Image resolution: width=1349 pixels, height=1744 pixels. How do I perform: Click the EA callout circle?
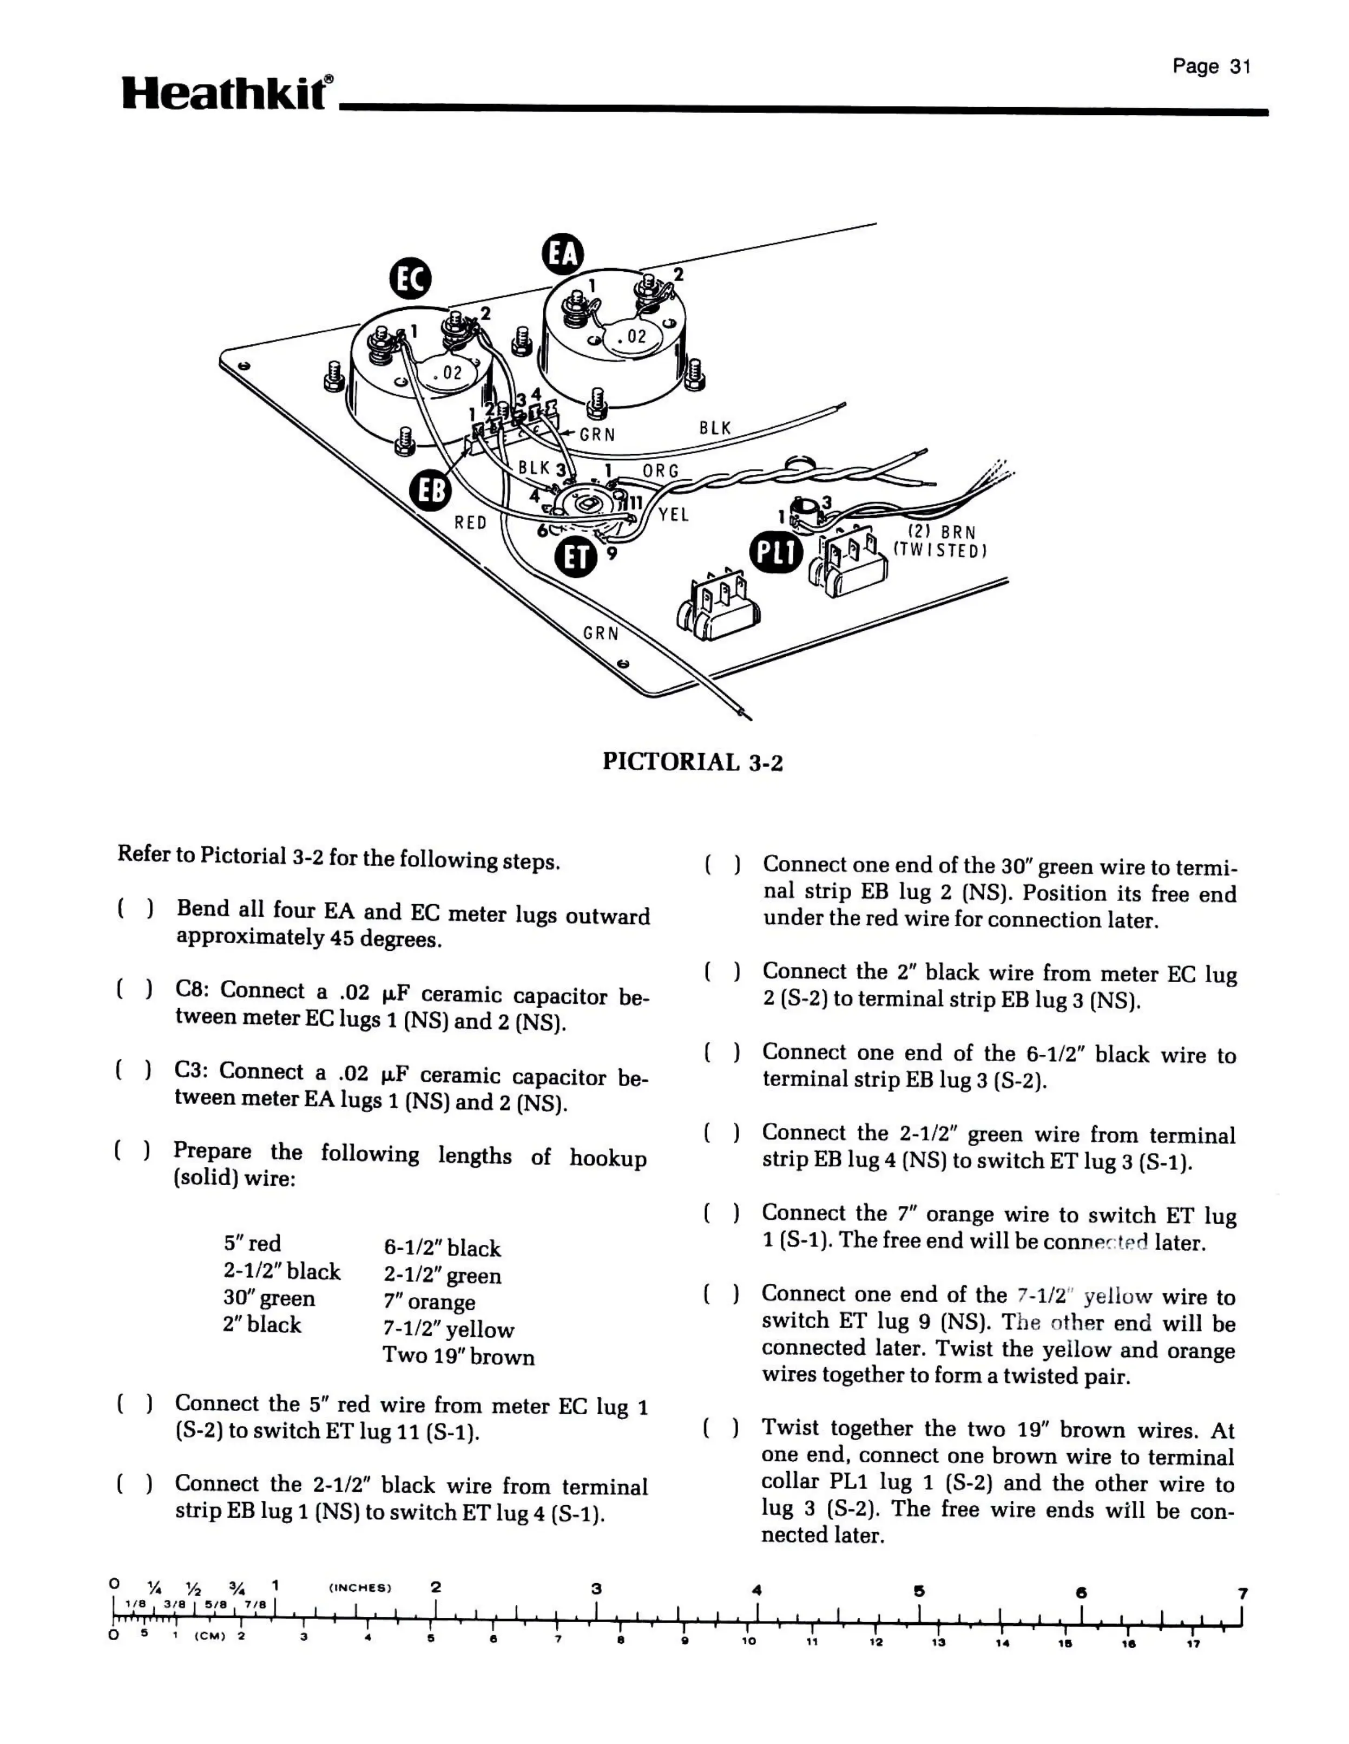[563, 254]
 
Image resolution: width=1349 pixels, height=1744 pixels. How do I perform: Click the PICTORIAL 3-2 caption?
[692, 762]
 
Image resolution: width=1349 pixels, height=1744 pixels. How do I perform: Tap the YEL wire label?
[674, 515]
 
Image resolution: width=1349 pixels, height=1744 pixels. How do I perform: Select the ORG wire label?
[660, 471]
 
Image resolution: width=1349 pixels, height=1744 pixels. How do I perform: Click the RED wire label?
[470, 522]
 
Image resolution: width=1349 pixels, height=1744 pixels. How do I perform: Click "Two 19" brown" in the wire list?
[458, 1357]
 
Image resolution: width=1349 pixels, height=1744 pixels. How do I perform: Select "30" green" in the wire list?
[269, 1298]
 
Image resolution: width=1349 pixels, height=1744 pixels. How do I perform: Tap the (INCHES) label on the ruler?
[360, 1588]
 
